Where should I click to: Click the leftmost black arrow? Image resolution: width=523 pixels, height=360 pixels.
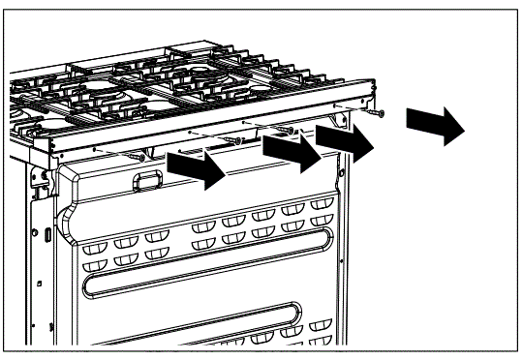pyautogui.click(x=197, y=171)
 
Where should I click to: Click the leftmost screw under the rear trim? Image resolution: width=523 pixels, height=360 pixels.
pyautogui.click(x=143, y=154)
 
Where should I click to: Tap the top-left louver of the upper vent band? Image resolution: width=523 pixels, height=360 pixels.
pyautogui.click(x=97, y=239)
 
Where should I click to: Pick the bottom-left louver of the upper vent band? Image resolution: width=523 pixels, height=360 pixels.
pyautogui.click(x=94, y=262)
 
